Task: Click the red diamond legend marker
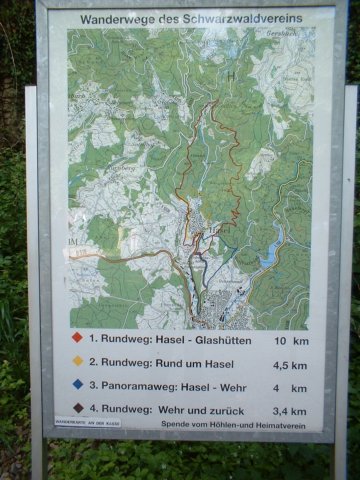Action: click(x=77, y=340)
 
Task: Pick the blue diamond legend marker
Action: click(x=77, y=385)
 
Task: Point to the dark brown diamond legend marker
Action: click(x=77, y=408)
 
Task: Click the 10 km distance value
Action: click(x=291, y=340)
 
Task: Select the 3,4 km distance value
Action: click(x=291, y=409)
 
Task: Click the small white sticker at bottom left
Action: click(x=92, y=424)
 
